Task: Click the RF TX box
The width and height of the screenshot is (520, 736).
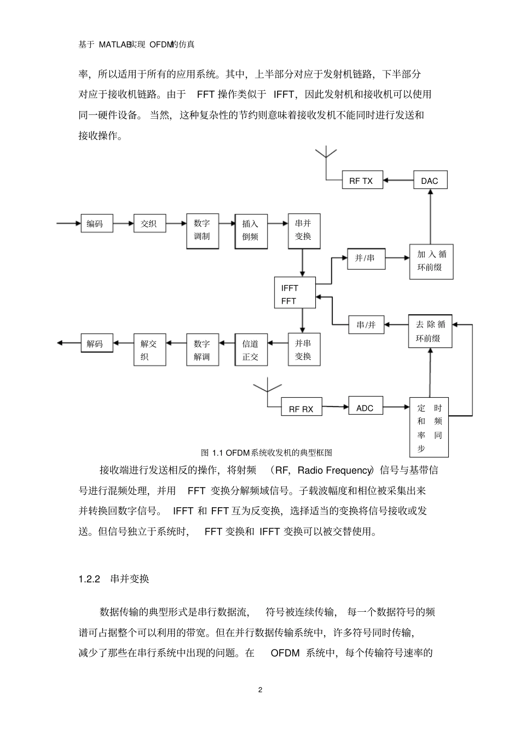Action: (x=361, y=181)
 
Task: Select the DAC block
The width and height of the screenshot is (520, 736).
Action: (x=429, y=181)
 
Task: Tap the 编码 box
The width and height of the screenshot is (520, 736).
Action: (x=95, y=223)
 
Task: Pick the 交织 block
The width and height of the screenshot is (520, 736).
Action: (x=149, y=223)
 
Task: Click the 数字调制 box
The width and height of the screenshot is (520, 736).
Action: (x=202, y=230)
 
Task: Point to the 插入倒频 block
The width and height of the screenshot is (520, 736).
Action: (x=251, y=230)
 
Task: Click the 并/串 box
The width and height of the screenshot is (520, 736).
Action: (x=365, y=258)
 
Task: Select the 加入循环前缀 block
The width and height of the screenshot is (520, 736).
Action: (x=431, y=261)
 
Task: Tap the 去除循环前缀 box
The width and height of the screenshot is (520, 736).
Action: (x=431, y=331)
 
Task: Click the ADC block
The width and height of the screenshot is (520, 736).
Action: (x=365, y=407)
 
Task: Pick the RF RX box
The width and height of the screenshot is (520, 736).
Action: (x=301, y=409)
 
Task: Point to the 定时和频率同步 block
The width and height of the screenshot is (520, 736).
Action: (x=430, y=428)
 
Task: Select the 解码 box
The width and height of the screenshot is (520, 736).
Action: (x=95, y=344)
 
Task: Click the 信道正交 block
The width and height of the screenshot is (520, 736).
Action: (x=251, y=350)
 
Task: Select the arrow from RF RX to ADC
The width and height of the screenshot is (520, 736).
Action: (x=335, y=407)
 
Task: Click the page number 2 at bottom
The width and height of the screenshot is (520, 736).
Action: (x=260, y=689)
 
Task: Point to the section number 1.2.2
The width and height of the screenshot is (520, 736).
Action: (x=89, y=579)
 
